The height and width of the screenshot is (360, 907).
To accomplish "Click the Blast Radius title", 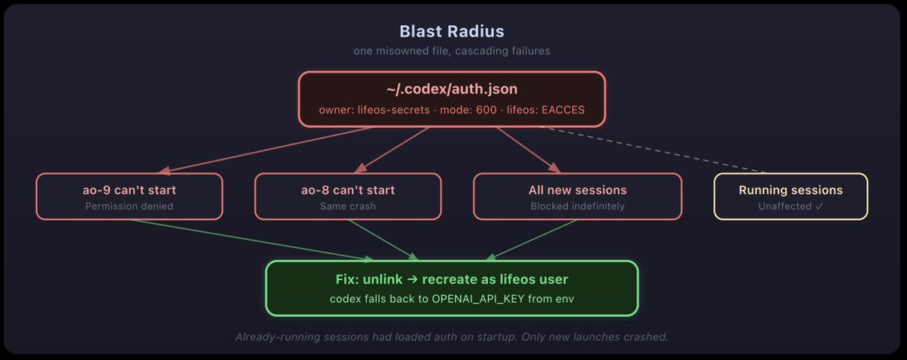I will pos(452,32).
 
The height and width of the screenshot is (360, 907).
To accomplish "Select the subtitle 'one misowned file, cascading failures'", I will pos(452,51).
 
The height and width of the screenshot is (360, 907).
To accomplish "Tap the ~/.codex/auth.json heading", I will pos(452,89).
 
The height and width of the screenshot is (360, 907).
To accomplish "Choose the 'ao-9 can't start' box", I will pos(129,197).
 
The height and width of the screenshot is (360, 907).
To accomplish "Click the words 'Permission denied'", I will pos(129,206).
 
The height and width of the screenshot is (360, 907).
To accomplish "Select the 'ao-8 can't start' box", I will pos(347,197).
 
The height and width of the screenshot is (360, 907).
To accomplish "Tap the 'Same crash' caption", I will pos(347,206).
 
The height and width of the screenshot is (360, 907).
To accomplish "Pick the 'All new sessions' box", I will pos(577,197).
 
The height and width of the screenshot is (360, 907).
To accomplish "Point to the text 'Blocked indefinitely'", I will pos(577,206).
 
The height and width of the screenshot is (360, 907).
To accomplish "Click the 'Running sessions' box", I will pos(791,197).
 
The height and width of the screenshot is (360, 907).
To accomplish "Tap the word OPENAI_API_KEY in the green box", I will pos(470,299).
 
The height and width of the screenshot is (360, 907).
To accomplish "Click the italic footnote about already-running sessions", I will pos(452,337).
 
